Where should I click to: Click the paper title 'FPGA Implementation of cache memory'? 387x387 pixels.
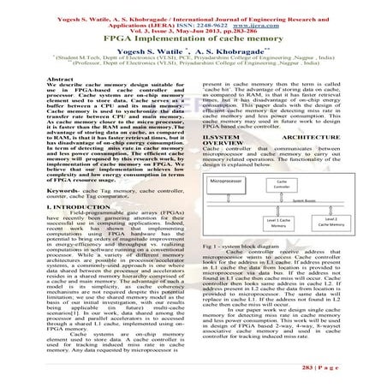click(x=193, y=37)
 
